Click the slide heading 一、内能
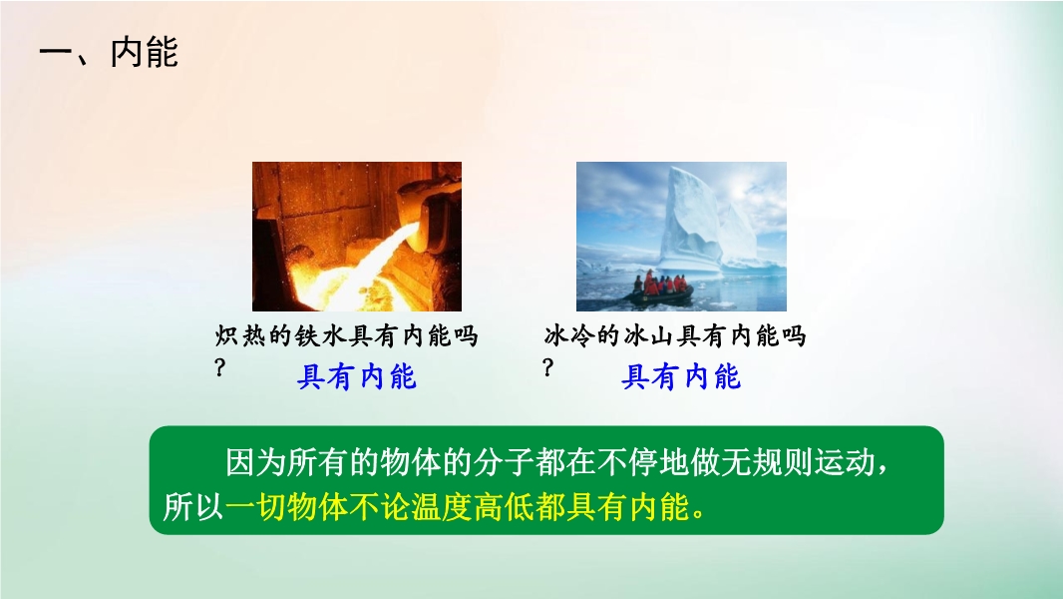[x=109, y=52]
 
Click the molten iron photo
[x=357, y=236]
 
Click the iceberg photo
[x=681, y=236]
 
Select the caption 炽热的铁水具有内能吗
[x=346, y=335]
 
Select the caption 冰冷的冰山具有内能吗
[x=674, y=335]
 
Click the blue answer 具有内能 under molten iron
[x=357, y=376]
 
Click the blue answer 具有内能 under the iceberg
[x=681, y=376]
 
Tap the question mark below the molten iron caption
[x=219, y=367]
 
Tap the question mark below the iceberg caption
[x=548, y=367]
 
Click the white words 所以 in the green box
[x=193, y=506]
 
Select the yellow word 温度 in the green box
[x=442, y=506]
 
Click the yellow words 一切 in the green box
[x=255, y=506]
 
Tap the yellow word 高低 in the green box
[x=504, y=506]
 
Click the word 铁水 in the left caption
[x=320, y=335]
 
